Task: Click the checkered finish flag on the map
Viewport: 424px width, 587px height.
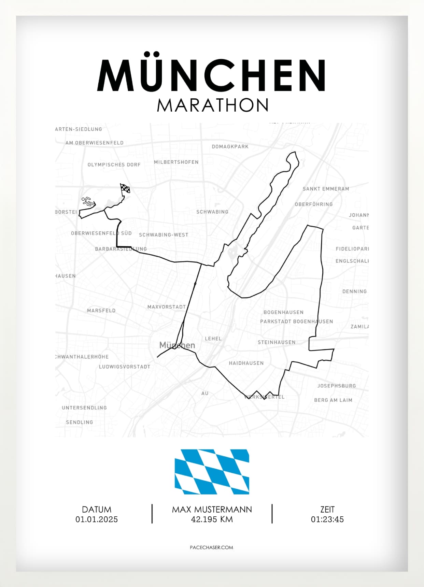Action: coord(125,188)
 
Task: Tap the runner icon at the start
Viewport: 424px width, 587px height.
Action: coord(88,201)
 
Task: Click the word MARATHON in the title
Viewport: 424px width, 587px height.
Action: coord(212,105)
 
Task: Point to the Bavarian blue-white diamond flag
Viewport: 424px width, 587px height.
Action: coord(212,472)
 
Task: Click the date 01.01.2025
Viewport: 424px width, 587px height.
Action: coord(97,519)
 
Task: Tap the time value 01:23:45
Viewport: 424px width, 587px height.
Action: coord(327,519)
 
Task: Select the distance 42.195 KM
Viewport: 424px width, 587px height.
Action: coord(212,519)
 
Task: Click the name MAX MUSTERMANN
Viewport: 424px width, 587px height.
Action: coord(212,510)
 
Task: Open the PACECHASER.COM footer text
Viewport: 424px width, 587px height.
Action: coord(212,547)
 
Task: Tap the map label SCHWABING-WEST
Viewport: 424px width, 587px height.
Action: coord(164,235)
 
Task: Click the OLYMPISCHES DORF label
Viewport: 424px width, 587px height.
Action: coord(114,164)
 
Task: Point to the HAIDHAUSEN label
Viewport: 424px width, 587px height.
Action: coord(246,363)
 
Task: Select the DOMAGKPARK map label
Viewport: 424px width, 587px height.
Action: coord(230,146)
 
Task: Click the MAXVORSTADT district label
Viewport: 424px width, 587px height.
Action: coord(167,307)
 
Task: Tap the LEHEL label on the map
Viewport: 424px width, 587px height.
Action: coord(213,339)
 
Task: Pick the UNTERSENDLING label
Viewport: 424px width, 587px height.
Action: coord(84,408)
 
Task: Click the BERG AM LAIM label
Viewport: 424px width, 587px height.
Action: coord(333,400)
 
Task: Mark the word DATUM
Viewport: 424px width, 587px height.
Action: coord(97,510)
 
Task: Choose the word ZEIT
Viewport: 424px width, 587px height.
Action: coord(327,510)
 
